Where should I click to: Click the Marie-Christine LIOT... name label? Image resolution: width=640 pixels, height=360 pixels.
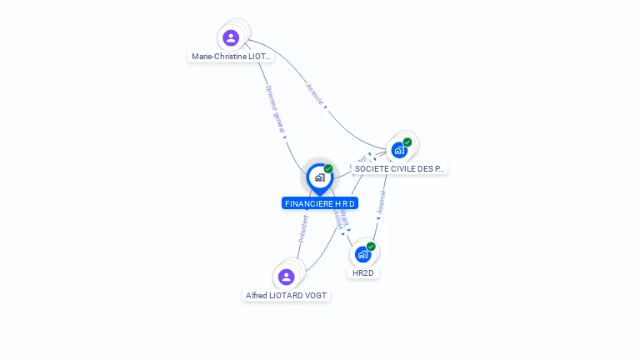231,57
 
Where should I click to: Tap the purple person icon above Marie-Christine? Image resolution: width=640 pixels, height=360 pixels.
231,37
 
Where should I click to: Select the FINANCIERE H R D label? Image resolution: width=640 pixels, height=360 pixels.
320,203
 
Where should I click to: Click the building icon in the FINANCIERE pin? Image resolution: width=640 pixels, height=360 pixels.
319,177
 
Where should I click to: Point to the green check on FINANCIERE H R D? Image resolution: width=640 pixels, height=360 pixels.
328,168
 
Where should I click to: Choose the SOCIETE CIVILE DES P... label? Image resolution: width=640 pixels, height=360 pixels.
399,168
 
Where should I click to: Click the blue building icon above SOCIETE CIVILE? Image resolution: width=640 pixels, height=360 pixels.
399,151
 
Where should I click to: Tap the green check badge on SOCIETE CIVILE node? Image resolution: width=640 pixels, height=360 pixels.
407,142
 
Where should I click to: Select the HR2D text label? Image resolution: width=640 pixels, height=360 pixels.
362,272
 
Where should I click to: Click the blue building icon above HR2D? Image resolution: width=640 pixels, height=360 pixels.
362,254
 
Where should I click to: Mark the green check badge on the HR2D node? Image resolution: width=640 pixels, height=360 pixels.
371,246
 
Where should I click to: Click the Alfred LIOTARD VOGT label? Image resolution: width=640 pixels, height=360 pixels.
287,295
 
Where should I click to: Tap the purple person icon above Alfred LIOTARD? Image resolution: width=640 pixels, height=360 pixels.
287,277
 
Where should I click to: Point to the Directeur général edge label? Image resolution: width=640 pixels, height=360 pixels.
275,108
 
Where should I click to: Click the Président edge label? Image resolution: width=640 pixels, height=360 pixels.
303,228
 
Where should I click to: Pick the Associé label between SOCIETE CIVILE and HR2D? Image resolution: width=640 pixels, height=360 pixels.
382,201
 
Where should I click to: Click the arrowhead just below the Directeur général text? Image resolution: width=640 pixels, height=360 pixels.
284,137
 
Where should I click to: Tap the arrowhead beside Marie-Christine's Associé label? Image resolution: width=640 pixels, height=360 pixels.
325,107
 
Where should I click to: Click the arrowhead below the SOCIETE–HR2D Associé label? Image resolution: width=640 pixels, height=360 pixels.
377,219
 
